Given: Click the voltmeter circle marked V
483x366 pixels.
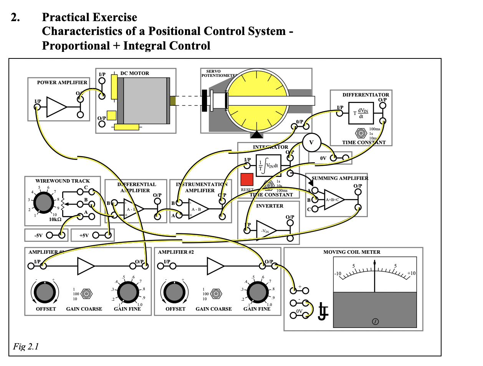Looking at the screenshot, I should point(311,143).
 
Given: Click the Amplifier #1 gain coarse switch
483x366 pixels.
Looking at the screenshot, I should point(87,293).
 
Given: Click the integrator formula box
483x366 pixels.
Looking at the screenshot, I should point(268,166).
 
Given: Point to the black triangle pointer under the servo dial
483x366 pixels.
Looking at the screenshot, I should point(256,135).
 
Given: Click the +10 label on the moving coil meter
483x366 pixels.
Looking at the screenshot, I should point(411,273).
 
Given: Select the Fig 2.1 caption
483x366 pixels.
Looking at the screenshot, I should point(26,347).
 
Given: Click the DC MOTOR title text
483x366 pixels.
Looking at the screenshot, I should point(134,73).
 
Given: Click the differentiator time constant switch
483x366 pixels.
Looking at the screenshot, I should point(360,133).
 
